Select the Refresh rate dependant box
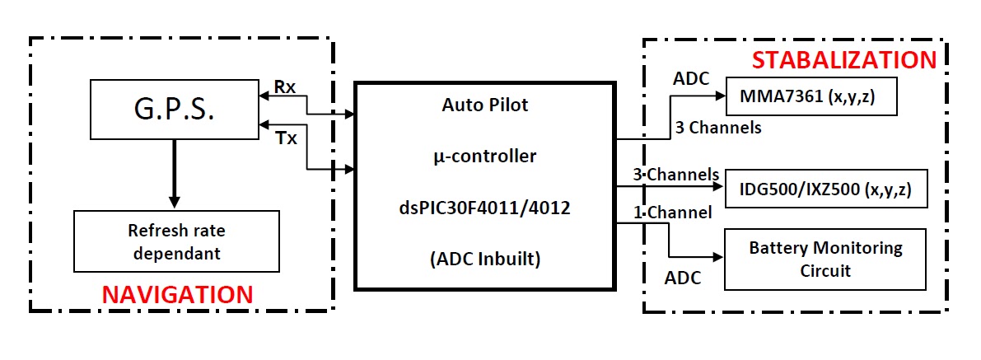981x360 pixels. tap(173, 242)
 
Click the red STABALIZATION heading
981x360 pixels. tap(844, 60)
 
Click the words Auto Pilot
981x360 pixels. tap(484, 105)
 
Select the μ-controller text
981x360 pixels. tap(484, 157)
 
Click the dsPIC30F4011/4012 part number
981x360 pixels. tap(484, 208)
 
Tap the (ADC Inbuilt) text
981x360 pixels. tap(484, 258)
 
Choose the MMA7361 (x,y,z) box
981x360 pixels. tap(810, 96)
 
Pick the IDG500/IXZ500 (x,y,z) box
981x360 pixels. tap(825, 189)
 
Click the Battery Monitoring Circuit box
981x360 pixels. tap(825, 258)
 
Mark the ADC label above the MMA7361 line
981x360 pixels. tap(691, 79)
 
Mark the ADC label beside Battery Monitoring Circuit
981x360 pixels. tap(683, 278)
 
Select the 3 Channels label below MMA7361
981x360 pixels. tap(717, 128)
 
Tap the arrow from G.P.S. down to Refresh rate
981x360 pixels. tap(173, 173)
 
